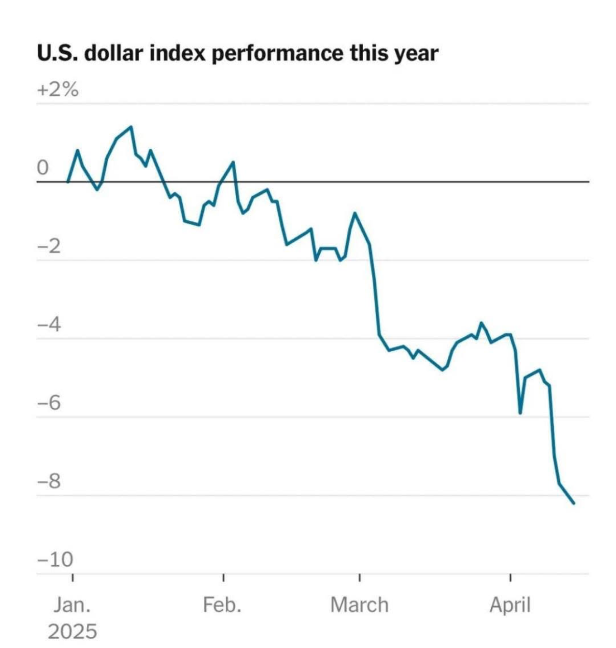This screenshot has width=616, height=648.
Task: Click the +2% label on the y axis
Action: pyautogui.click(x=58, y=90)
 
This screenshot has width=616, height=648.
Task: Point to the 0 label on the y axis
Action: pyautogui.click(x=43, y=168)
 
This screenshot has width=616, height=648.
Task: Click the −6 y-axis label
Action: pyautogui.click(x=49, y=403)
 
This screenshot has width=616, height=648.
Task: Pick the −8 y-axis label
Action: pyautogui.click(x=49, y=481)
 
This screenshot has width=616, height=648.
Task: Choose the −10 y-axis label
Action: pyautogui.click(x=55, y=560)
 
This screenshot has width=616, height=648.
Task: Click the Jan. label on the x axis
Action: pyautogui.click(x=72, y=605)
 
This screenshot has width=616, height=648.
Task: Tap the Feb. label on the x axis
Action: pyautogui.click(x=222, y=605)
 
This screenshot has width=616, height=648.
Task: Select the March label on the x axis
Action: pyautogui.click(x=359, y=605)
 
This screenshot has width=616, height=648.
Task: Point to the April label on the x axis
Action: pyautogui.click(x=510, y=605)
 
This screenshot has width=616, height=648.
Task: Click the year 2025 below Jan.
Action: pyautogui.click(x=72, y=632)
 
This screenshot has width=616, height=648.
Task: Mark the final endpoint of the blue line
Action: pyautogui.click(x=574, y=503)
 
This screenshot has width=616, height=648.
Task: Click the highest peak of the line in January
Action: pyautogui.click(x=131, y=127)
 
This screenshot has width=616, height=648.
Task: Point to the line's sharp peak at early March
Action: pyautogui.click(x=355, y=213)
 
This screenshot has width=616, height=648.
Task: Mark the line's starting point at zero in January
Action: pyautogui.click(x=68, y=181)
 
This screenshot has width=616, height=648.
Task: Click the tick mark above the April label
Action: pyautogui.click(x=510, y=578)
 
